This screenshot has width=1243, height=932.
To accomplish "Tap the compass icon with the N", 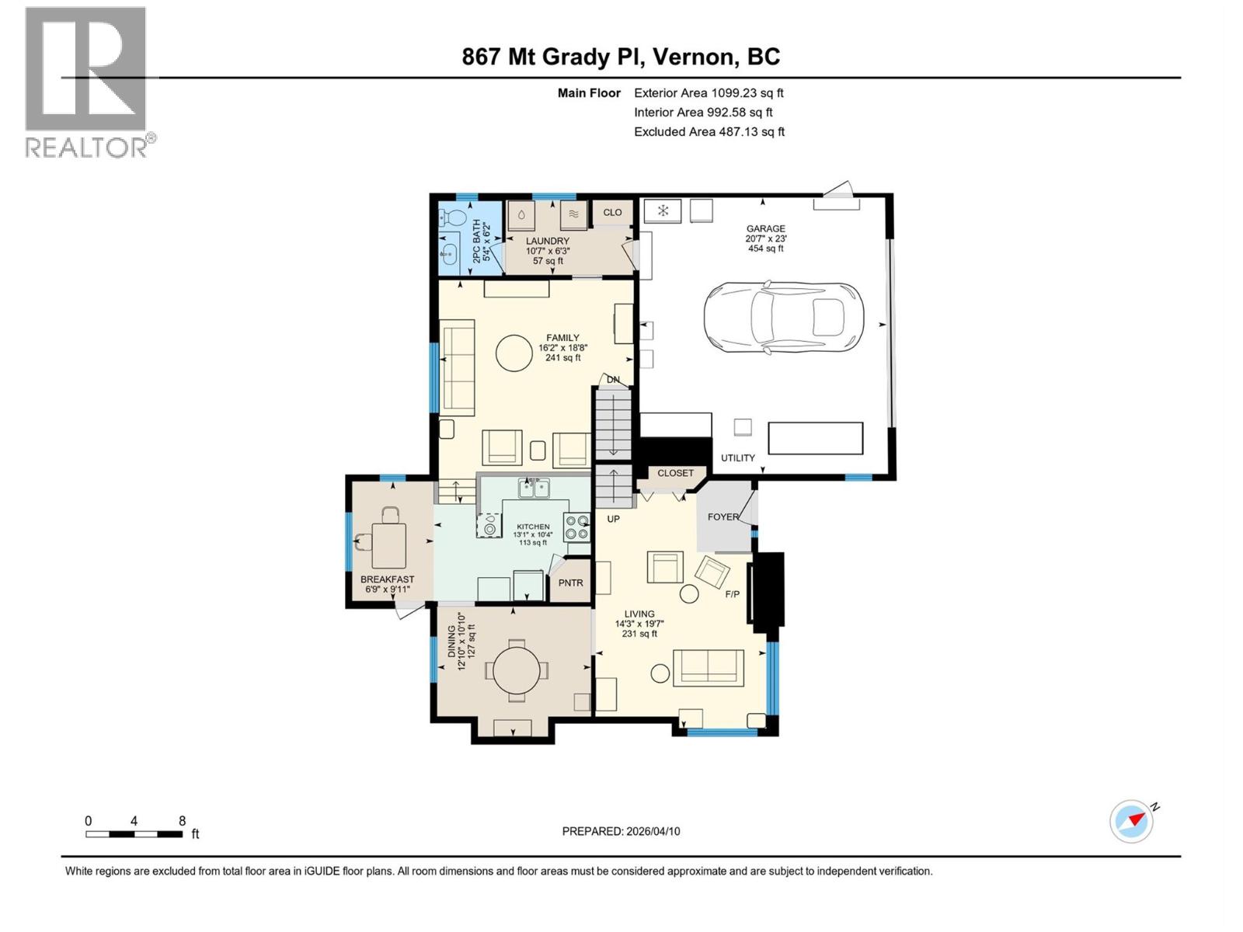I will click(x=1131, y=821).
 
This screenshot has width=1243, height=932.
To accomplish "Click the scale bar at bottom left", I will click(x=134, y=833).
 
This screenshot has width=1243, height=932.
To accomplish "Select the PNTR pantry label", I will click(x=570, y=582).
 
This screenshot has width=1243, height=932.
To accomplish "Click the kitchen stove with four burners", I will click(x=576, y=527).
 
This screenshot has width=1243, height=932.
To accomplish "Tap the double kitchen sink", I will click(x=534, y=489).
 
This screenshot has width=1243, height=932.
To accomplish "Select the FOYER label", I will click(x=722, y=516).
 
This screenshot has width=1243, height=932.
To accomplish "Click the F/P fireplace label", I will click(x=732, y=594).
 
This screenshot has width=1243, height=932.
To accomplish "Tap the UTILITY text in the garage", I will click(x=737, y=457).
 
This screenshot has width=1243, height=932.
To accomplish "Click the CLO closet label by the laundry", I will click(x=612, y=212).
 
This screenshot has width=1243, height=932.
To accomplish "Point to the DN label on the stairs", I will click(x=613, y=380).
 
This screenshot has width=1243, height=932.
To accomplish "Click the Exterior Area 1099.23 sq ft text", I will click(x=709, y=92).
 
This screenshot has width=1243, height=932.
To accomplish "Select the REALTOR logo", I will click(x=87, y=82).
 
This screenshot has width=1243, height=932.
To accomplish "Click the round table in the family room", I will click(x=514, y=353).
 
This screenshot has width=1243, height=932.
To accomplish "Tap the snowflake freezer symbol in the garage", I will click(x=663, y=210).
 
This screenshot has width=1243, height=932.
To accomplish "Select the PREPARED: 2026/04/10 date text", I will click(x=621, y=831).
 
